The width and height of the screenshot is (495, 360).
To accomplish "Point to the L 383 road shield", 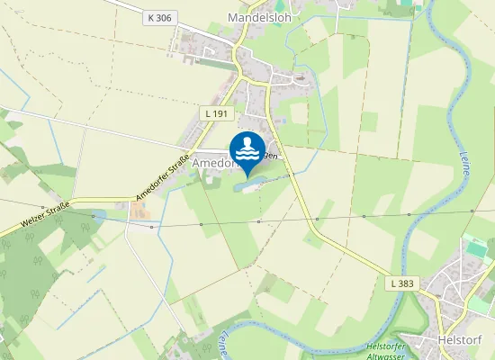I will pyautogui.click(x=403, y=283).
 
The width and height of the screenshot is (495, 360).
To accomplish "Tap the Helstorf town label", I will pyautogui.click(x=460, y=340).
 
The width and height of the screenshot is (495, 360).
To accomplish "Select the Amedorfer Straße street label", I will pyautogui.click(x=162, y=178).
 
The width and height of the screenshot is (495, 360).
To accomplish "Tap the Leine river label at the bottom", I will pyautogui.click(x=220, y=342).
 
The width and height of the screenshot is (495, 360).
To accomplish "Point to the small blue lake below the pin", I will pyautogui.click(x=250, y=184).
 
